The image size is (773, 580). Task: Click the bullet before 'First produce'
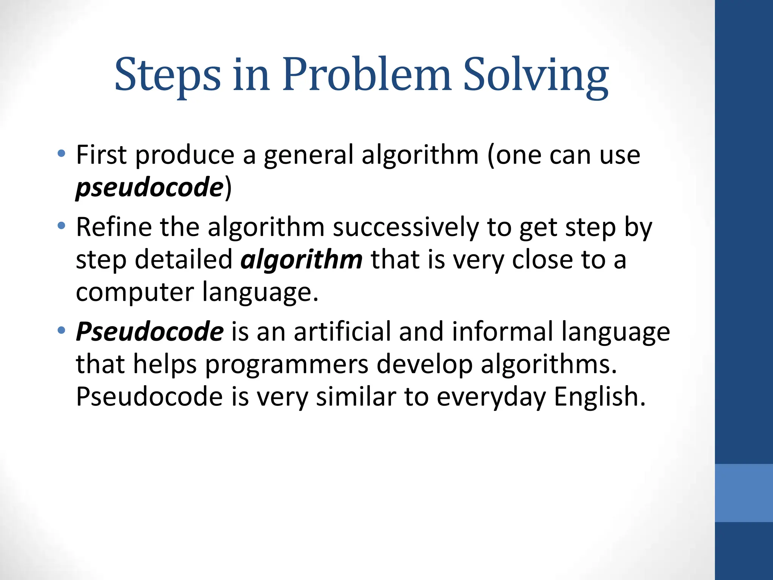pos(62,154)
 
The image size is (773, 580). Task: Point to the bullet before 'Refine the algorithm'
pos(62,226)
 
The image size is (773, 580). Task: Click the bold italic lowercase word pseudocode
pos(149,187)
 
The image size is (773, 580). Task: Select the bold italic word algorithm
pos(302,260)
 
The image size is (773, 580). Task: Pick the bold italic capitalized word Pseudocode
pos(150,331)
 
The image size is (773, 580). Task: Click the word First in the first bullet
pos(101,155)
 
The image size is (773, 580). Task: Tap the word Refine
pos(114,227)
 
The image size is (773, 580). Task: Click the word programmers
pos(286,365)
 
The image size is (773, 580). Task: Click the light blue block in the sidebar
pos(744,493)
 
